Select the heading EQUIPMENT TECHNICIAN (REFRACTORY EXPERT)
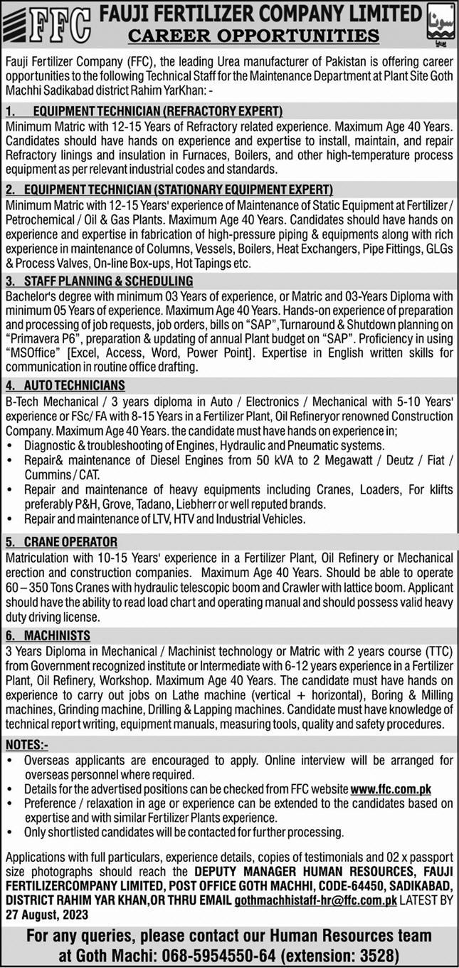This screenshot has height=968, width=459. point(154,111)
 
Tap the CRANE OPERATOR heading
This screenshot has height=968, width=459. point(70,541)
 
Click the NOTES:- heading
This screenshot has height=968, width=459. point(26,744)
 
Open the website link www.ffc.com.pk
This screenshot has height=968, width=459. point(391,789)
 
